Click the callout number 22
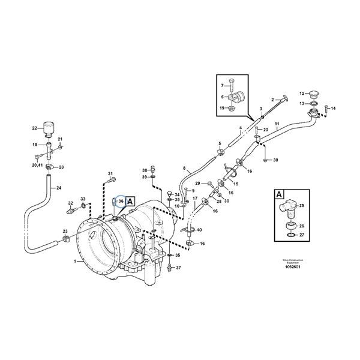pyautogui.click(x=34, y=127)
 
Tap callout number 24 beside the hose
pyautogui.click(x=58, y=188)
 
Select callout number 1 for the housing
pyautogui.click(x=76, y=262)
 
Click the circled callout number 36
pyautogui.click(x=121, y=201)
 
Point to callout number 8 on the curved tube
pyautogui.click(x=185, y=169)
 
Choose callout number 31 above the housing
pyautogui.click(x=110, y=174)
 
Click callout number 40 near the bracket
pyautogui.click(x=199, y=230)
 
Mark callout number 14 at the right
pyautogui.click(x=334, y=109)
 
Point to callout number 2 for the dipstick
pyautogui.click(x=272, y=99)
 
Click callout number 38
pyautogui.click(x=144, y=170)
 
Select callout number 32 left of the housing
pyautogui.click(x=70, y=203)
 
